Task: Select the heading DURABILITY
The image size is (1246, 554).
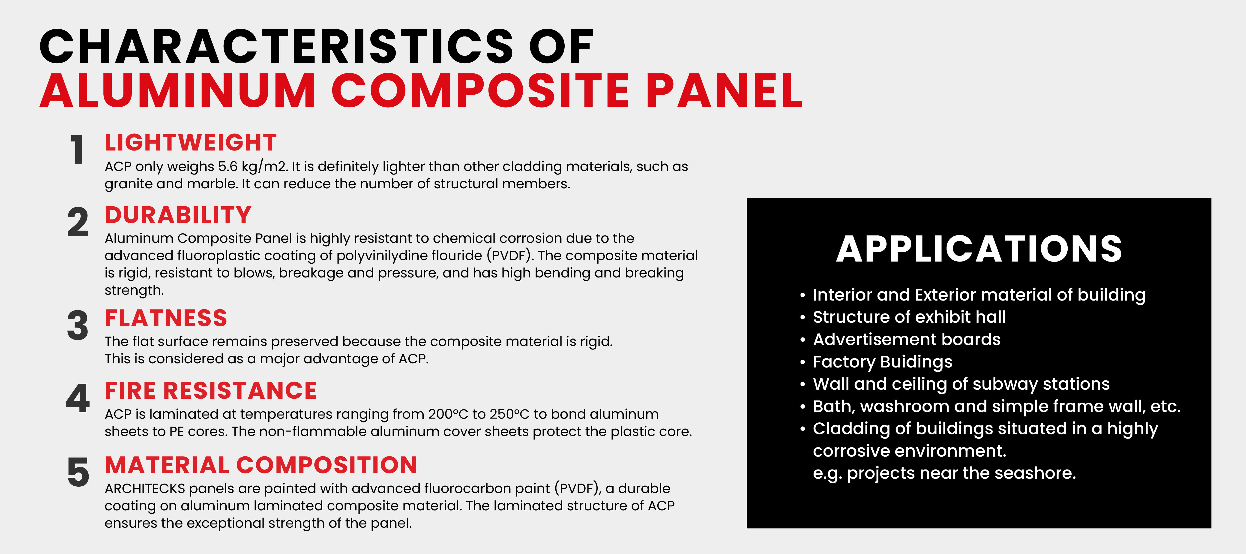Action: (x=178, y=215)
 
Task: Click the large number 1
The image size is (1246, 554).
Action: (x=77, y=150)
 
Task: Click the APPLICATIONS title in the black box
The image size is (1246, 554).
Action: (x=979, y=249)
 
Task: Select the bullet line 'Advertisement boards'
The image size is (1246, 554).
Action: (x=906, y=340)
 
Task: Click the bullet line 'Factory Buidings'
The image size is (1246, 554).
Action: (x=882, y=362)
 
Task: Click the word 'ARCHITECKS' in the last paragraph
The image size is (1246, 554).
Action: (x=145, y=489)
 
